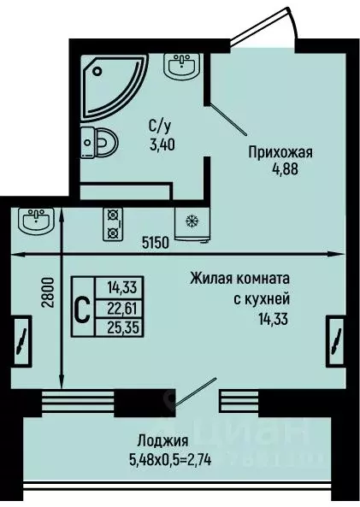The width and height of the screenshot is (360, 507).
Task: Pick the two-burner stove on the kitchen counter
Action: point(113,223)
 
